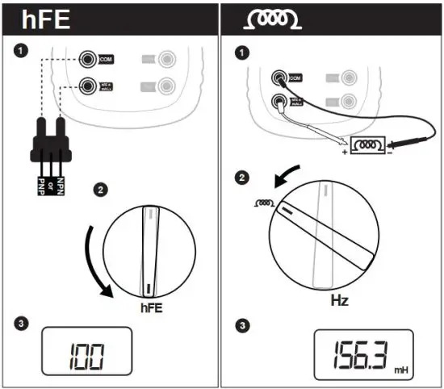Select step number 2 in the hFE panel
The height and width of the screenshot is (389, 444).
100,190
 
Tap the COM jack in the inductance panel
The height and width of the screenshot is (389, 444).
279,77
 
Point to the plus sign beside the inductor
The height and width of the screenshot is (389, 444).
344,152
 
